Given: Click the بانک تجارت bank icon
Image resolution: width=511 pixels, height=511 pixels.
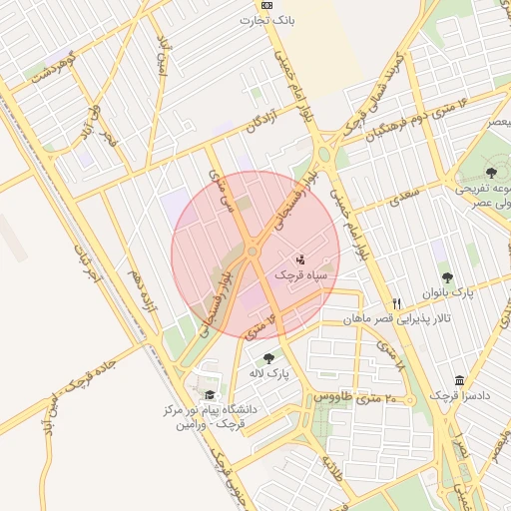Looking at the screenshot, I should click(x=266, y=5).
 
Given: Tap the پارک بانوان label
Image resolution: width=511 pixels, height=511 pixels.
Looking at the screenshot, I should click(x=446, y=293).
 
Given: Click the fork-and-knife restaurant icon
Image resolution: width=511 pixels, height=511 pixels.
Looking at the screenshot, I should click(x=397, y=303).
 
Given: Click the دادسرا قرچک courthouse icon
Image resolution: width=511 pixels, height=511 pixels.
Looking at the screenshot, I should click(x=459, y=381).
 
